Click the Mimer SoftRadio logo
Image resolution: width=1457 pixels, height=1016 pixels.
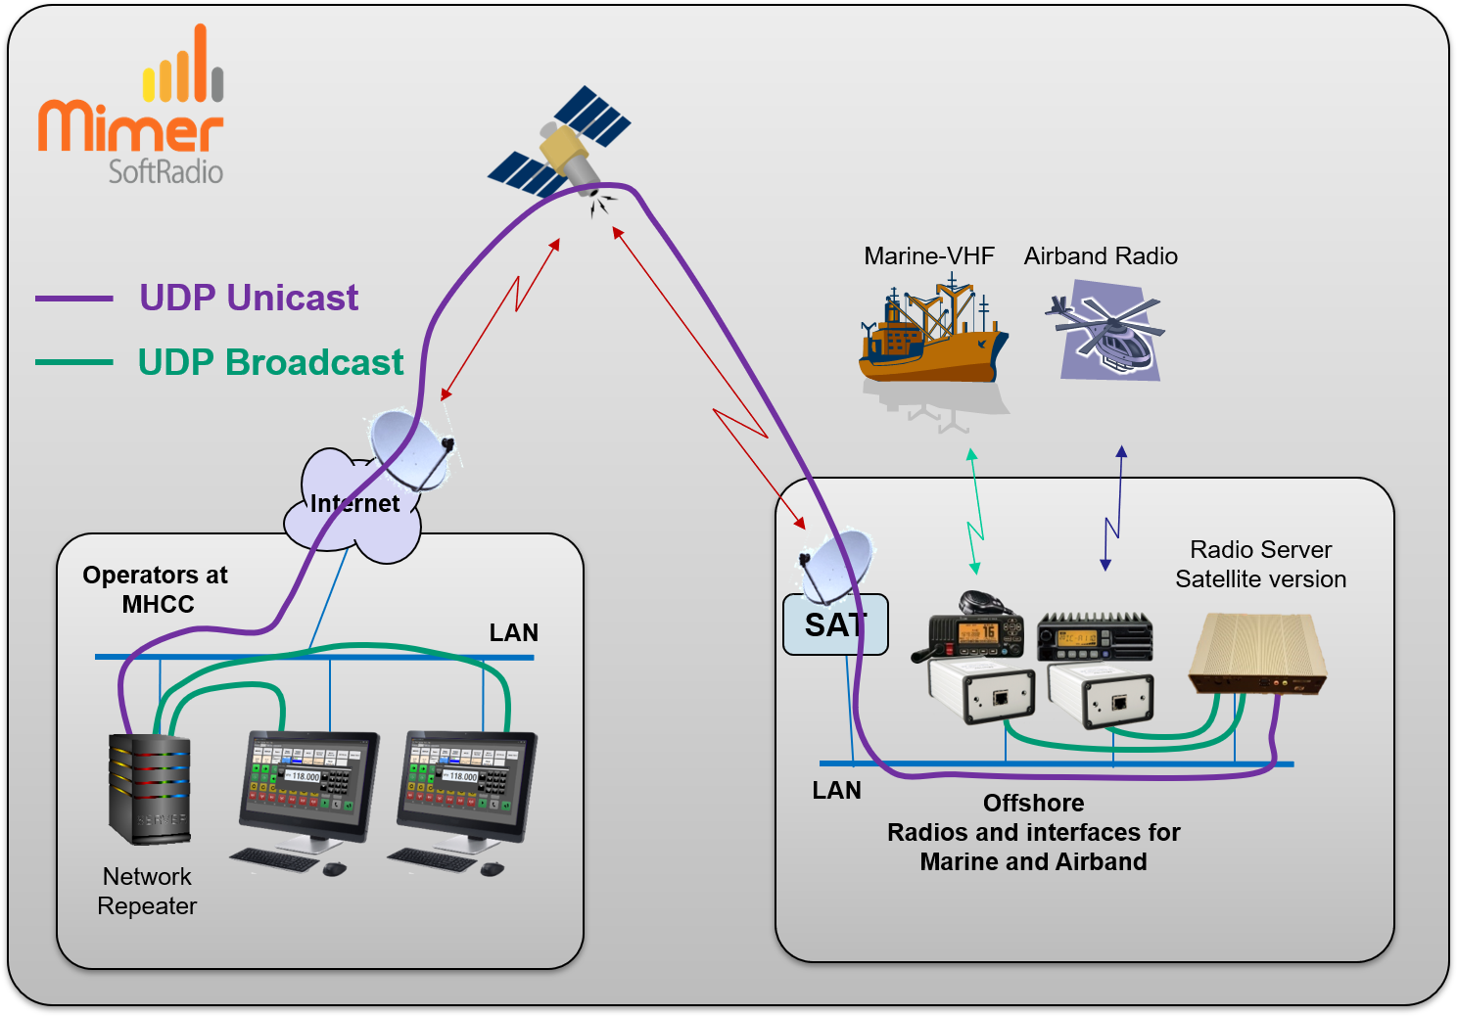pos(131,104)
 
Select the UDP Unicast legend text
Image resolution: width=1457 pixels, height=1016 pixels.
pos(249,298)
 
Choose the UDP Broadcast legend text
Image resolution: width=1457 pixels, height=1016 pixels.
pos(270,362)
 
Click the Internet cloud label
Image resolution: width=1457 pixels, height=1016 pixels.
pos(354,504)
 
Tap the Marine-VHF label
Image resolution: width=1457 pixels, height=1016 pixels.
pos(929,256)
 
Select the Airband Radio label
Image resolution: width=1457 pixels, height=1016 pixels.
pos(1101,256)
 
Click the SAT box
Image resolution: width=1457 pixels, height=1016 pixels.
pos(835,624)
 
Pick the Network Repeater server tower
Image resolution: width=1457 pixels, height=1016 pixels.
pos(150,789)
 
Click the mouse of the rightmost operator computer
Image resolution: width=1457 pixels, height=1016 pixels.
pos(493,868)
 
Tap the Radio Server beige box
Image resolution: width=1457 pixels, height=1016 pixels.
pos(1256,654)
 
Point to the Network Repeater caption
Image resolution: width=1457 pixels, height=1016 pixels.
pos(147,891)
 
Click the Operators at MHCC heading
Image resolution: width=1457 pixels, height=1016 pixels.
pos(156,589)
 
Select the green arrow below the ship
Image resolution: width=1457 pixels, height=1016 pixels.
pos(974,511)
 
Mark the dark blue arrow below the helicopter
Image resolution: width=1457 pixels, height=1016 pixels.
pos(1113,508)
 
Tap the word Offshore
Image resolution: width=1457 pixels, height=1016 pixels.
pos(1034,804)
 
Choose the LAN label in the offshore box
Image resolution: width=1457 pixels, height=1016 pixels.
pos(836,791)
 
